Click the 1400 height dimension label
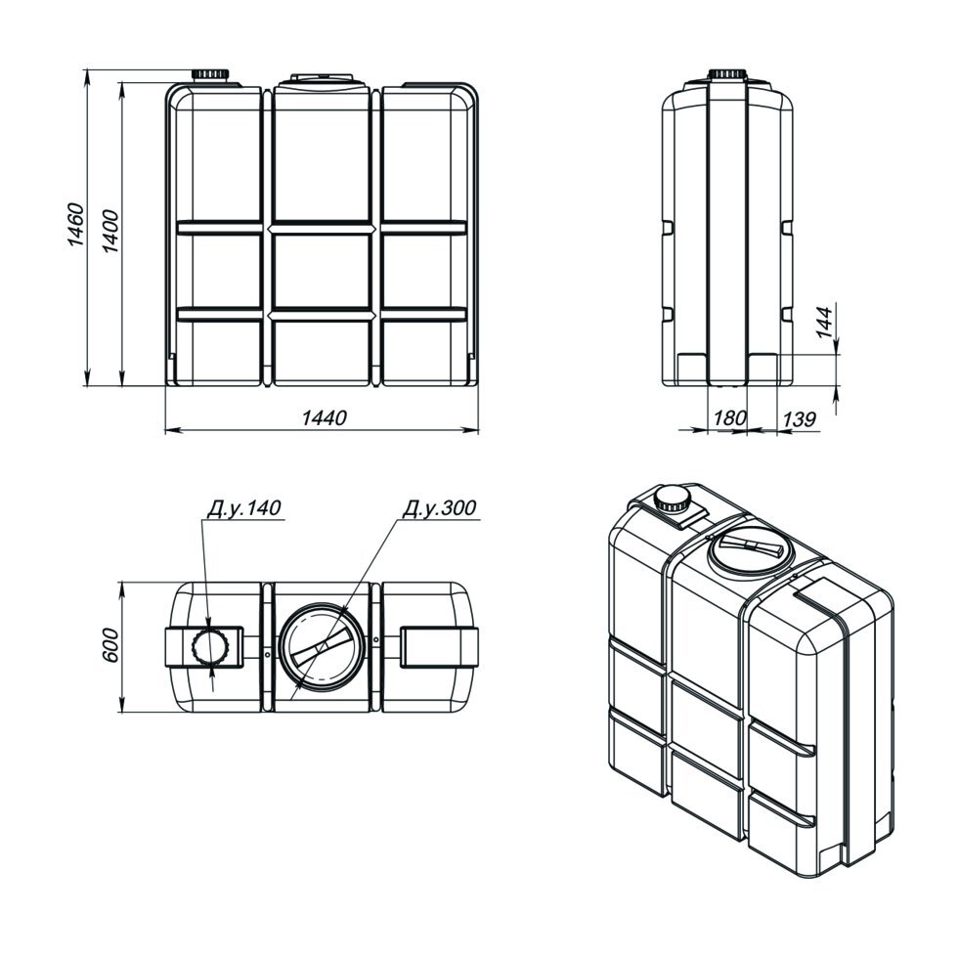[x=109, y=233]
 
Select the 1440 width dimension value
[x=323, y=418]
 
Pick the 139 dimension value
[x=799, y=418]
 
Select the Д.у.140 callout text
[x=243, y=509]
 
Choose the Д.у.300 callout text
[x=439, y=509]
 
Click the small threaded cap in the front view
[x=209, y=75]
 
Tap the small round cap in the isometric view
[x=671, y=500]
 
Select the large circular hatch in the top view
[x=321, y=647]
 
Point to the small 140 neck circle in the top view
[x=209, y=647]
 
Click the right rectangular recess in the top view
[x=438, y=648]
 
